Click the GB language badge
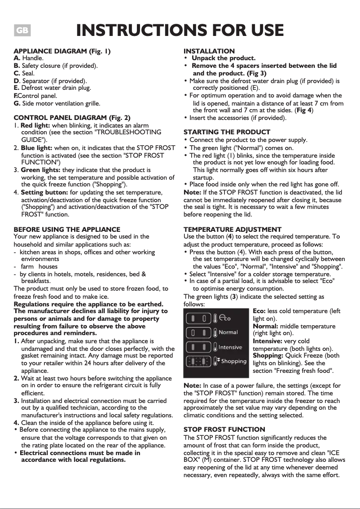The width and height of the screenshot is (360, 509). pos(22,31)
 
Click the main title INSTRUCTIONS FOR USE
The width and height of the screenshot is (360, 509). pos(180,31)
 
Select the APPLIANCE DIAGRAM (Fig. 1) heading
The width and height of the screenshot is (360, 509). pos(62,51)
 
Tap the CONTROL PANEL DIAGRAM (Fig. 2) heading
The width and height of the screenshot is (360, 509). pos(72,118)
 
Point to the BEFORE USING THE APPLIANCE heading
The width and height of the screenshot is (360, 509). pos(67,229)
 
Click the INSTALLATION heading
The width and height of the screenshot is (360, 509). pos(209,51)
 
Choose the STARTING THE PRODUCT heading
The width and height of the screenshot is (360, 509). pos(227,132)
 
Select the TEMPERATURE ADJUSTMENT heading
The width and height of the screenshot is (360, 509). pos(233,229)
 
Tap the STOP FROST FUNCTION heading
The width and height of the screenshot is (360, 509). pos(224,429)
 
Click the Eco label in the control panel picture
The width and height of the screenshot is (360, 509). pos(224,318)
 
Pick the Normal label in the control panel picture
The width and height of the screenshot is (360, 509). pos(228,332)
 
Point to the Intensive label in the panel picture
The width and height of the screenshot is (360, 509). pos(230,347)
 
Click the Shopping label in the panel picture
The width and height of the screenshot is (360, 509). pos(233,361)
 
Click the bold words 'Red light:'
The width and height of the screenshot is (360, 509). pos(35,125)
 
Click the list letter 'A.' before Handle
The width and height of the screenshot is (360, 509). pos(17,58)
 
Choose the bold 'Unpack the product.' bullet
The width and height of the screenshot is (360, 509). pos(223,58)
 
